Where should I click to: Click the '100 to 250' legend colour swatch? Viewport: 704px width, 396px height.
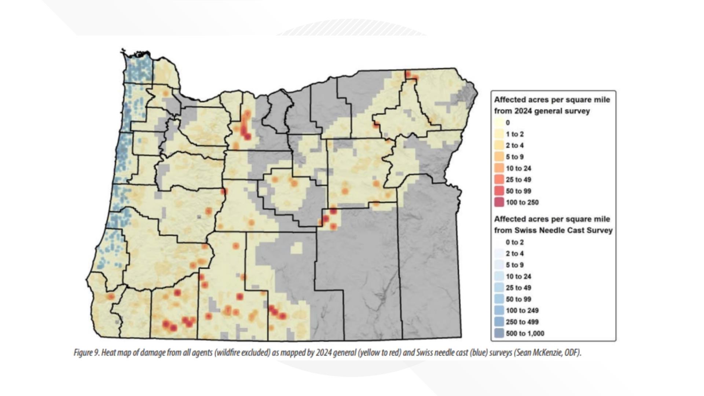[499, 202]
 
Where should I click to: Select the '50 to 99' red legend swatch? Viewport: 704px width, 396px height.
[499, 191]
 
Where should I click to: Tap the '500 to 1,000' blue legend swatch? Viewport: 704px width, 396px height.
[499, 333]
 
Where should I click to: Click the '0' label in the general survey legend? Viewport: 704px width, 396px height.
[507, 123]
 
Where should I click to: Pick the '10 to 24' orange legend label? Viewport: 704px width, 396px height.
[518, 168]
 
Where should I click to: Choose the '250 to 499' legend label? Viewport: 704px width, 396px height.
[522, 322]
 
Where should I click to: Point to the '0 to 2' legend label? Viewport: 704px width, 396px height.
[515, 242]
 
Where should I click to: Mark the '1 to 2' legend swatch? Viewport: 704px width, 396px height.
[499, 134]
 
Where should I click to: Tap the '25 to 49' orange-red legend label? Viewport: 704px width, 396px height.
[518, 180]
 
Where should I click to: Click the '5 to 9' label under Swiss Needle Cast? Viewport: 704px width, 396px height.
[515, 265]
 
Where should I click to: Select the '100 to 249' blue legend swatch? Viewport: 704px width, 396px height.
[499, 311]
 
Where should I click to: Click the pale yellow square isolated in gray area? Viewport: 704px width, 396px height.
[297, 248]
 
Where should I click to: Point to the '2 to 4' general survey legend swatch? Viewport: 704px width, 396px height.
[499, 146]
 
